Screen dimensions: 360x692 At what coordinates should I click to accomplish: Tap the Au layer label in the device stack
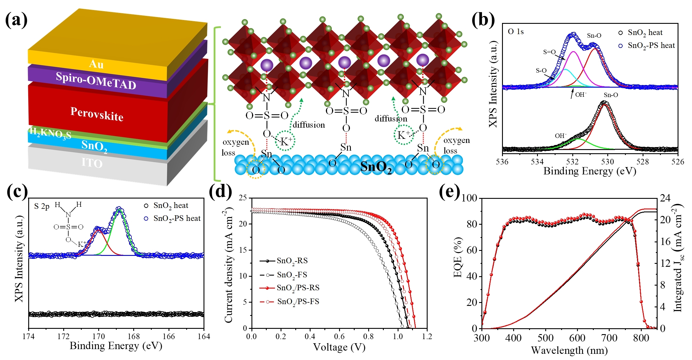pyautogui.click(x=96, y=64)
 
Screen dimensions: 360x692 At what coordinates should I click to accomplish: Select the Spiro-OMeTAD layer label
pyautogui.click(x=96, y=80)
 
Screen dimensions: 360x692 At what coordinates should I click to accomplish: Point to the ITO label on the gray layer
pyautogui.click(x=92, y=163)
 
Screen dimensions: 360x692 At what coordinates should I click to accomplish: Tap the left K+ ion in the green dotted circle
pyautogui.click(x=286, y=141)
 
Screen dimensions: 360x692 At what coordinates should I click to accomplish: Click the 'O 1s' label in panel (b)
pyautogui.click(x=516, y=31)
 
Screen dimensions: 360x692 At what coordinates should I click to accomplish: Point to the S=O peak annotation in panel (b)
pyautogui.click(x=549, y=52)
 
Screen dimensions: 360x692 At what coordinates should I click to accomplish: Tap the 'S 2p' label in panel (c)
pyautogui.click(x=42, y=206)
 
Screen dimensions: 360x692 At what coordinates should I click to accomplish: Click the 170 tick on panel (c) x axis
pyautogui.click(x=99, y=336)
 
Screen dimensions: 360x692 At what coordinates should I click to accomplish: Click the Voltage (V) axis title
pyautogui.click(x=339, y=347)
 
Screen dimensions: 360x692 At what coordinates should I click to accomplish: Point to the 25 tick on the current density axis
pyautogui.click(x=243, y=198)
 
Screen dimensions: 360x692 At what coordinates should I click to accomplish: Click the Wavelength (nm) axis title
pyautogui.click(x=569, y=350)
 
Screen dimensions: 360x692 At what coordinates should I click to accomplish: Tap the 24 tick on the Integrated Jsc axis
pyautogui.click(x=665, y=198)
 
